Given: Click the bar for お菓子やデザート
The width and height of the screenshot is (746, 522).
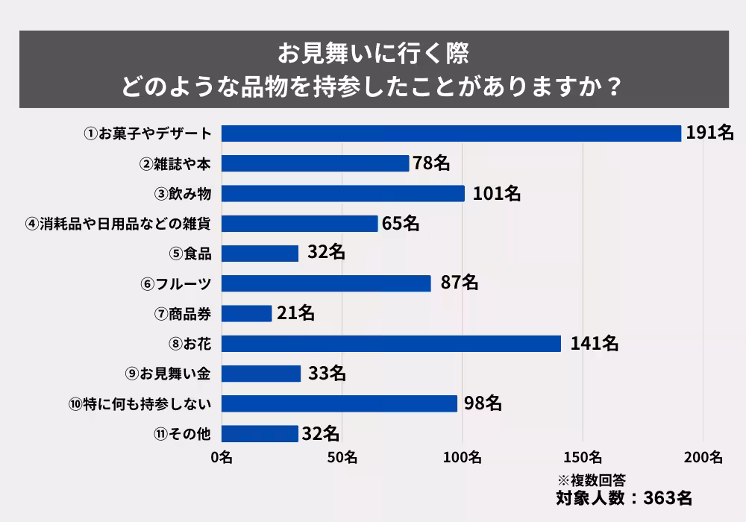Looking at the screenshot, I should [451, 133].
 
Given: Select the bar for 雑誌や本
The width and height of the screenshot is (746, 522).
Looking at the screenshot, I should [316, 163].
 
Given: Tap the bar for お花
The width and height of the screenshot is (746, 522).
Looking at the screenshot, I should [391, 343].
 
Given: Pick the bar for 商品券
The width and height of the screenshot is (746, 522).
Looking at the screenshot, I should [247, 313].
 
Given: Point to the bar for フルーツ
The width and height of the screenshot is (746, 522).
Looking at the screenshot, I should [326, 283].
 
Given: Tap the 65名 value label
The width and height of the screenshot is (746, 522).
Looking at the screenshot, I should [401, 223].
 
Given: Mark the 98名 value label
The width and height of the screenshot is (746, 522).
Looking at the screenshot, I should [481, 403].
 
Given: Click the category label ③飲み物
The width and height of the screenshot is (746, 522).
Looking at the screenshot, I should [184, 193].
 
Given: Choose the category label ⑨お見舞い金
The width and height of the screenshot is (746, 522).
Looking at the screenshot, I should [169, 373].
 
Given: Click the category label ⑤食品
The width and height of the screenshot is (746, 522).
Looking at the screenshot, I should [191, 254].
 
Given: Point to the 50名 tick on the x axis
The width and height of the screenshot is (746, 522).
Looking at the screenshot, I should [342, 457].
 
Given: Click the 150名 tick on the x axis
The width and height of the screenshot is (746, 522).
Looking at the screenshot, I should [582, 457].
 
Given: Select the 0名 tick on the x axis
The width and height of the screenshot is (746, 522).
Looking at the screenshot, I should [222, 457].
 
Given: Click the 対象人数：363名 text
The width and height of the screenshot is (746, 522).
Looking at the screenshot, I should [624, 497].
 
